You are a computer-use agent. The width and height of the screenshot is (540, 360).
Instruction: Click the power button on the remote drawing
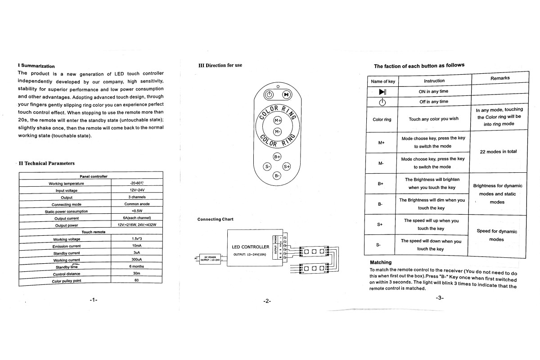click(269, 94)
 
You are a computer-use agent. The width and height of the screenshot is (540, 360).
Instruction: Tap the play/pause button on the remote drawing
click(286, 94)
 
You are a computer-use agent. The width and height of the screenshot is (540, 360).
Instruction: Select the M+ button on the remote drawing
click(278, 121)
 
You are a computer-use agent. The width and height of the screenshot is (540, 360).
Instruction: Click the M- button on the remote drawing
click(278, 131)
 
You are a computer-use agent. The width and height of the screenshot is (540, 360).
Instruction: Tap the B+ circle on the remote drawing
click(277, 157)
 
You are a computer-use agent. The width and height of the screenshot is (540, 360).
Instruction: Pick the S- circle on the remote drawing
click(268, 166)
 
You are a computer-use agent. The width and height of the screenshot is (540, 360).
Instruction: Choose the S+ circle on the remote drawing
click(287, 166)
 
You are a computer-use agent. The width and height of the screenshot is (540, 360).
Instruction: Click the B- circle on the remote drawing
click(277, 175)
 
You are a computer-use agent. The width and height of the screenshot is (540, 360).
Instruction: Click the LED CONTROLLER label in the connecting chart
click(250, 247)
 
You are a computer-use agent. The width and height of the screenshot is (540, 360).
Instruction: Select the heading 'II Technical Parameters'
click(47, 163)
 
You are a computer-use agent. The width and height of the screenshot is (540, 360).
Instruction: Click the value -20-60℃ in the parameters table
click(136, 183)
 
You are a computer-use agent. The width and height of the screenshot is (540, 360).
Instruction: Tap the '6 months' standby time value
click(136, 266)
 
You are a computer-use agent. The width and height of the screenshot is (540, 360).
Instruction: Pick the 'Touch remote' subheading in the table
click(94, 232)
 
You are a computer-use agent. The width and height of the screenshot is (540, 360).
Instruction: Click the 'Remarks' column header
click(500, 78)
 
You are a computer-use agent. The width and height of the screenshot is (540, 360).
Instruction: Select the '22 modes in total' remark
click(498, 152)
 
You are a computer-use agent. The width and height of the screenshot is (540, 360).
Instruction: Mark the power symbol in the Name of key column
click(382, 102)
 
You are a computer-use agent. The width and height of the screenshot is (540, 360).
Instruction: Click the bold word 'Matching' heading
click(381, 262)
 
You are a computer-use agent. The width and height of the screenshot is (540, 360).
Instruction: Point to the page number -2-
click(267, 301)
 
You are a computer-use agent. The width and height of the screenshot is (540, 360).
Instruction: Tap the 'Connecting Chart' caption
click(216, 219)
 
